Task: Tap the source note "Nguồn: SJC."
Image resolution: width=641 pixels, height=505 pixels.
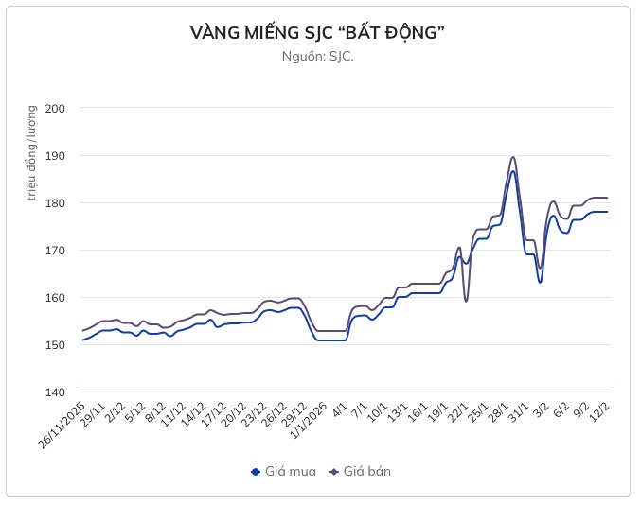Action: tap(318, 56)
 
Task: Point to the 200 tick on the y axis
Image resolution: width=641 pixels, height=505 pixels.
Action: tap(54, 108)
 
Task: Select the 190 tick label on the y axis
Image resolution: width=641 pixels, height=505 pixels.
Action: tap(54, 155)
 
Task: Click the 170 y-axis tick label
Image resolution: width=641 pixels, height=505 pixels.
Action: tap(54, 250)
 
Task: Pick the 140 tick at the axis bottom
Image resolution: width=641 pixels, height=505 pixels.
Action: tap(54, 392)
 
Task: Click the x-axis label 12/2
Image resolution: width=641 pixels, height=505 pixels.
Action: tap(598, 410)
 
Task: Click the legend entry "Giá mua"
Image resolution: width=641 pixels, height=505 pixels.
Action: tap(281, 471)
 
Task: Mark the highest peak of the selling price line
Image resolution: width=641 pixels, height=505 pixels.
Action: tap(512, 157)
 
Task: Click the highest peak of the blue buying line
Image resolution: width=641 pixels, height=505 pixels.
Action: tap(512, 171)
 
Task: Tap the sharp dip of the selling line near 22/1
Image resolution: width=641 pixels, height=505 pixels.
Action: tap(466, 301)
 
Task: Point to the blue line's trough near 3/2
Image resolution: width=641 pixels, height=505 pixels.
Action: tap(540, 282)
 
